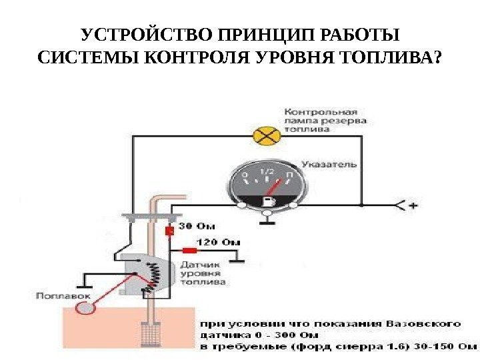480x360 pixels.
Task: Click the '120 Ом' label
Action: [x=220, y=241]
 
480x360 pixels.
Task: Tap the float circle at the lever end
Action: [x=86, y=307]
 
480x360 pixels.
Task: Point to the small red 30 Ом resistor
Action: [x=169, y=231]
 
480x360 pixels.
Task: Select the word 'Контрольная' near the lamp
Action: [x=321, y=111]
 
